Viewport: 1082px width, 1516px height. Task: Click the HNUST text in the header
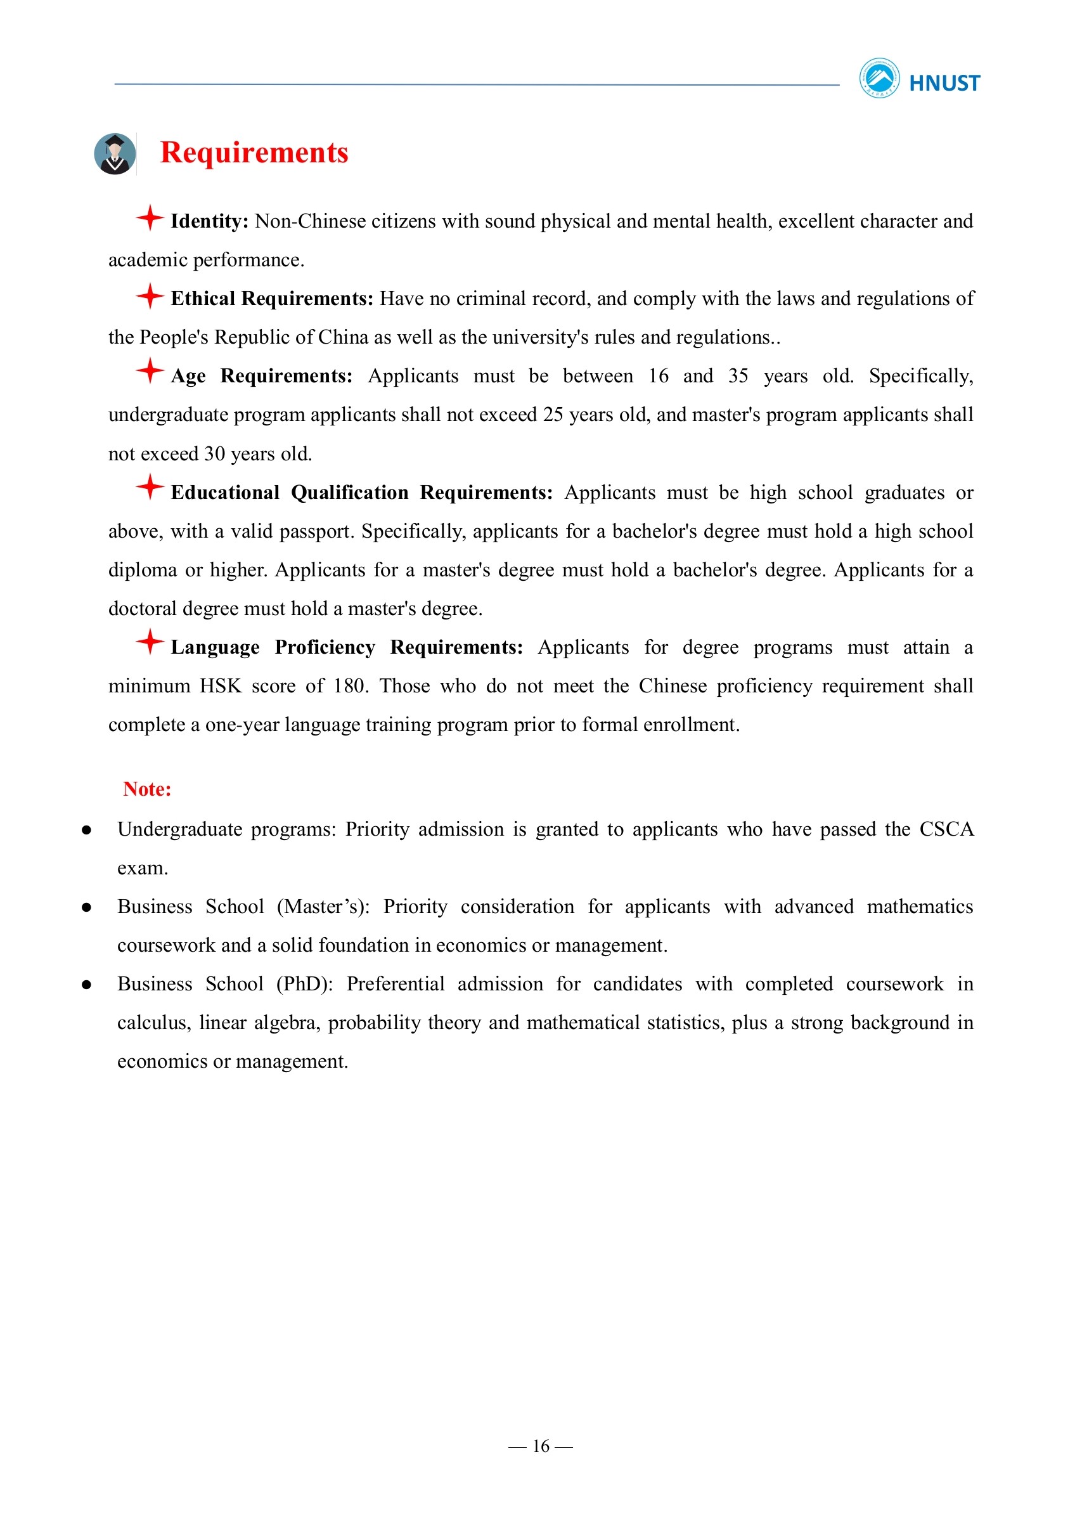pyautogui.click(x=944, y=83)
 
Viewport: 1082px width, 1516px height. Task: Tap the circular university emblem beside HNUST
pyautogui.click(x=879, y=79)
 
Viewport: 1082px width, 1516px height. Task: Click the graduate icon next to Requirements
pyautogui.click(x=115, y=154)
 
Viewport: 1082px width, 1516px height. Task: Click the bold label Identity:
pyautogui.click(x=209, y=221)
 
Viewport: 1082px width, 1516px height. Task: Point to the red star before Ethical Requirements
pyautogui.click(x=150, y=296)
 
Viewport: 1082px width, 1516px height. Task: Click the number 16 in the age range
pyautogui.click(x=658, y=376)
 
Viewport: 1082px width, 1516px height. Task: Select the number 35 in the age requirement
pyautogui.click(x=738, y=376)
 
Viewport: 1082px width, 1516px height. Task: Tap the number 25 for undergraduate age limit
pyautogui.click(x=553, y=415)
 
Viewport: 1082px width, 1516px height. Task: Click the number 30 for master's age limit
pyautogui.click(x=214, y=454)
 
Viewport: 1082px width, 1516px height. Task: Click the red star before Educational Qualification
pyautogui.click(x=150, y=487)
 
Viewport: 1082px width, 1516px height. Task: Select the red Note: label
pyautogui.click(x=147, y=789)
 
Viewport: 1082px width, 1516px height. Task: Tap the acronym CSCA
pyautogui.click(x=946, y=829)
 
